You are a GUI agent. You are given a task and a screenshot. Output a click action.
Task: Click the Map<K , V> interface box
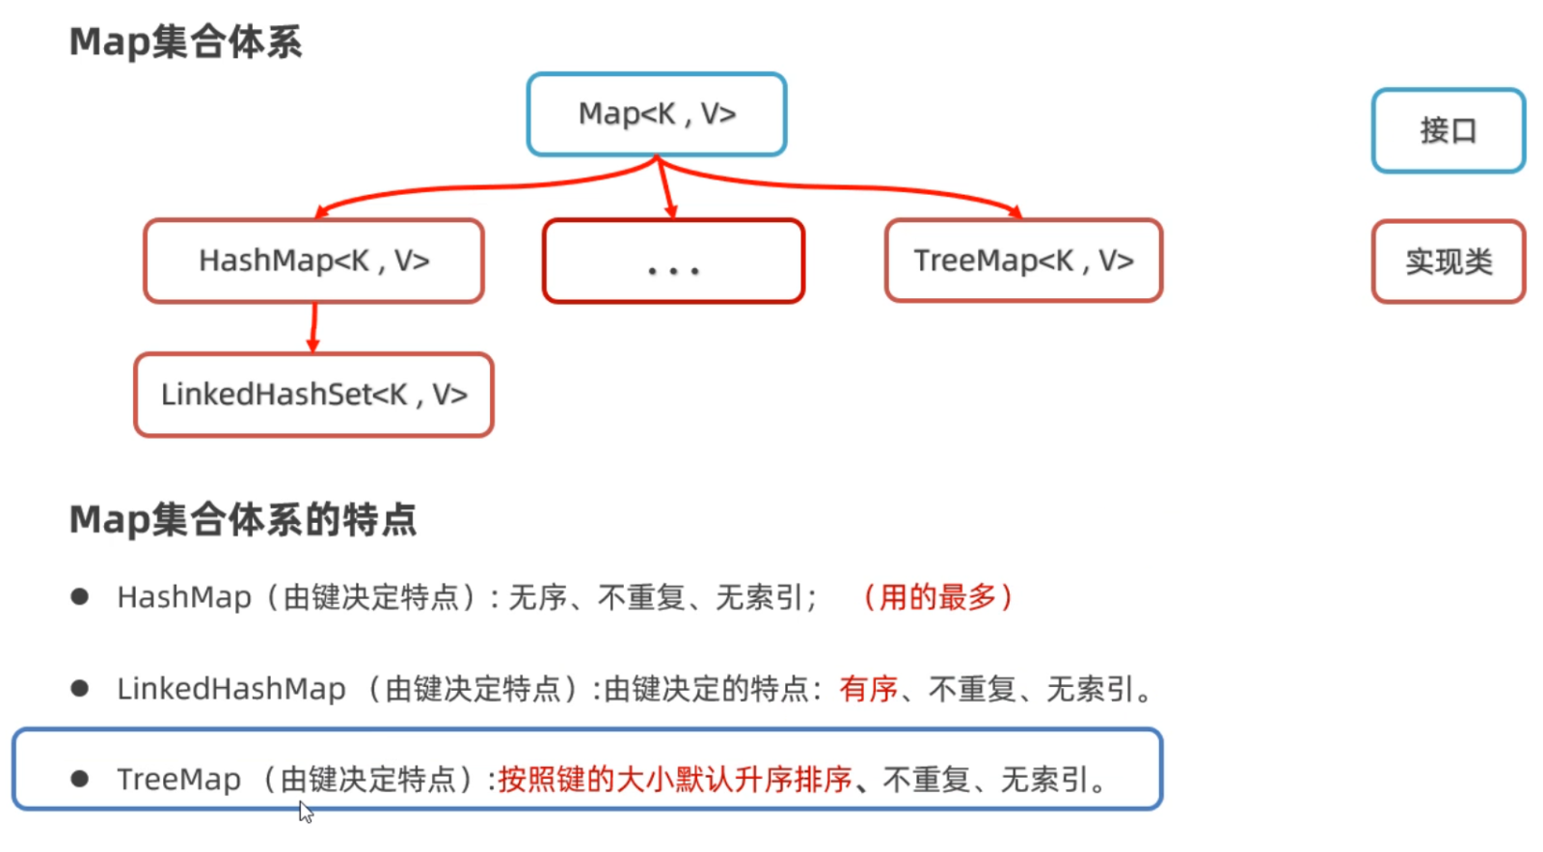[x=657, y=115]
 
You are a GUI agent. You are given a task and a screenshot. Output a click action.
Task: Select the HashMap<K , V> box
[x=313, y=261]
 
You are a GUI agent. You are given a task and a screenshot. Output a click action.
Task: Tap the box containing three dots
[x=673, y=261]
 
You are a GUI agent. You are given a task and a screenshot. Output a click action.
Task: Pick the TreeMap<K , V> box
[x=1023, y=261]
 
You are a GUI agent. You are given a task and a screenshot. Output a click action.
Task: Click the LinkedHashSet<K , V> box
[x=313, y=395]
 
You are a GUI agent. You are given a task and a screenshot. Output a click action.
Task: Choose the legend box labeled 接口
[x=1448, y=130]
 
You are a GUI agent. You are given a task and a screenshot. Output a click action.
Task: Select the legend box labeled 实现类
[x=1448, y=261]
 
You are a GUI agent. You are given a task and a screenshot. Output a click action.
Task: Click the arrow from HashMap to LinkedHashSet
[x=314, y=328]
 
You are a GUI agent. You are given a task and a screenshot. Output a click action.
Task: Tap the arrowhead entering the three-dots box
[x=671, y=211]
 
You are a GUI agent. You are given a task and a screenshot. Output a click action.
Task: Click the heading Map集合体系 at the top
[x=185, y=41]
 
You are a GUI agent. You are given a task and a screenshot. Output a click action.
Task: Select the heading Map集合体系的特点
[x=242, y=519]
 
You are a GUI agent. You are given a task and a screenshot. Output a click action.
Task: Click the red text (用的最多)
[x=937, y=597]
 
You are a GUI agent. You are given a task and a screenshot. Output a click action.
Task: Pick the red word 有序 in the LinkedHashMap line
[x=868, y=689]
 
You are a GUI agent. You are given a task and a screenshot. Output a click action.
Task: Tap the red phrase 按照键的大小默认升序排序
[x=675, y=780]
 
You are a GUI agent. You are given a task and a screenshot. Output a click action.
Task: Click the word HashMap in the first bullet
[x=184, y=597]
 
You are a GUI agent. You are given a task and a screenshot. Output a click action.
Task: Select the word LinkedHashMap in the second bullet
[x=230, y=689]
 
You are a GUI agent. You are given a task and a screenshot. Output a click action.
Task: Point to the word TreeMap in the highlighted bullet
[x=179, y=780]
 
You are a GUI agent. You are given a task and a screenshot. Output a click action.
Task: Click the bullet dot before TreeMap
[x=80, y=779]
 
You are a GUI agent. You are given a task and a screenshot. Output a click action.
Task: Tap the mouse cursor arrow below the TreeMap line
[x=305, y=811]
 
